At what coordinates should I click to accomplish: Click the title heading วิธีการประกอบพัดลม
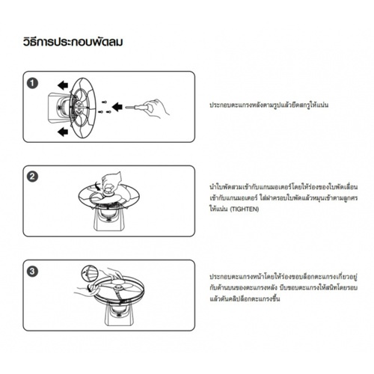click(x=73, y=41)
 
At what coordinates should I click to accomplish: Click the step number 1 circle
click(x=33, y=83)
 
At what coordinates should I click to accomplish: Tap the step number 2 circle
click(x=33, y=177)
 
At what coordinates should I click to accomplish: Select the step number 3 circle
click(x=33, y=272)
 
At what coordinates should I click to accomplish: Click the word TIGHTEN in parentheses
click(x=243, y=212)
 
